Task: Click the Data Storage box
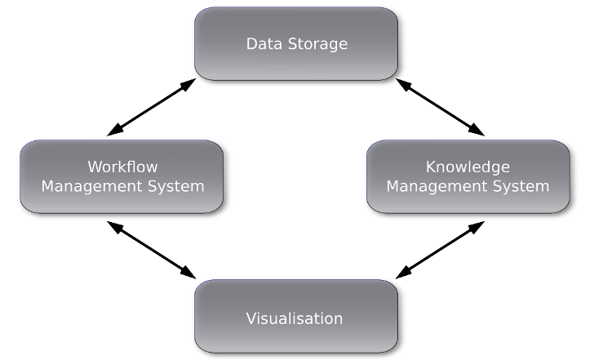tap(296, 44)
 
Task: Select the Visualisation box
tap(295, 317)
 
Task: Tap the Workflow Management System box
tap(122, 176)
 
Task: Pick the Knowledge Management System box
tap(468, 176)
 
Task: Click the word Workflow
tap(122, 167)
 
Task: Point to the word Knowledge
tap(468, 167)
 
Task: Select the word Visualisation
tap(295, 318)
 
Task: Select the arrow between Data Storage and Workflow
tap(152, 107)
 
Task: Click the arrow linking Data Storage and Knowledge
tap(441, 107)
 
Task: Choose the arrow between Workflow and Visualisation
tap(152, 249)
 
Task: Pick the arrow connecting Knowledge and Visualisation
tap(441, 249)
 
